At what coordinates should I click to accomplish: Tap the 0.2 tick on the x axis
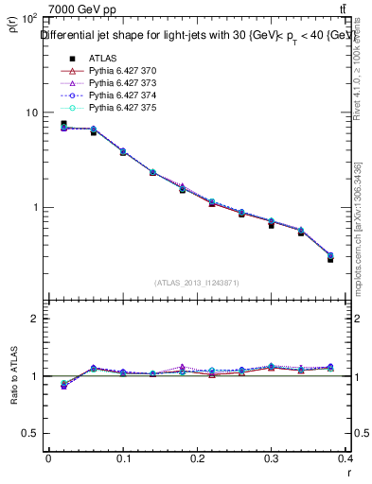click(197, 458)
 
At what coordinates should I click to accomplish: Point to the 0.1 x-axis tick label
click(122, 458)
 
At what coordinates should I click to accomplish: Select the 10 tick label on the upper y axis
click(32, 112)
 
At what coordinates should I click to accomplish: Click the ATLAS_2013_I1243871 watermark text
click(197, 284)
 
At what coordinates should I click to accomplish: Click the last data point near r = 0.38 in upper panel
click(330, 257)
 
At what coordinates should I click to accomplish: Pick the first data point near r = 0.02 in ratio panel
click(62, 385)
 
